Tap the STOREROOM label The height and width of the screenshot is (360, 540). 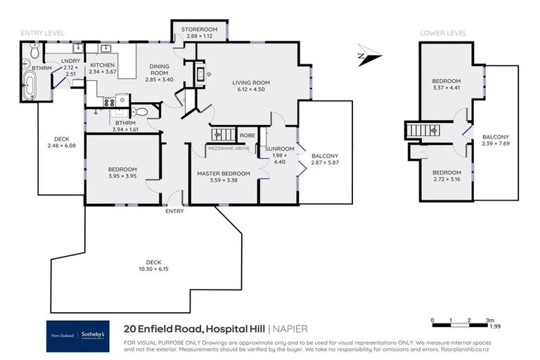200,29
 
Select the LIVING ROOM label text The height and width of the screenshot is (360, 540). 252,82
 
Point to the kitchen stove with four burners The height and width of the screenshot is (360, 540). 109,101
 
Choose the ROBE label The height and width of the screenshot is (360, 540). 247,135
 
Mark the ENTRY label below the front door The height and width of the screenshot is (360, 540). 174,211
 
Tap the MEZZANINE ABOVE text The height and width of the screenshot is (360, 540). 229,149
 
